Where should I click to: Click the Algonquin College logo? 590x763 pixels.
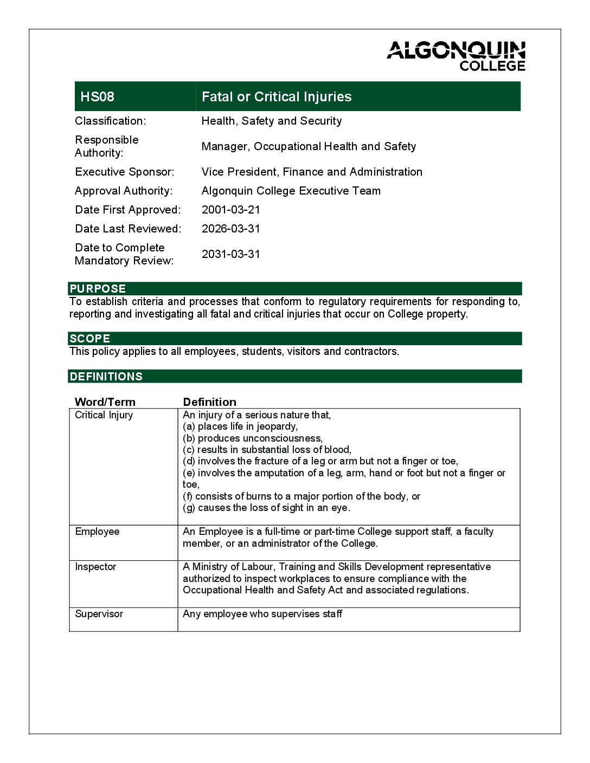point(456,56)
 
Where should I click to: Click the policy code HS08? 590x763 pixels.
point(98,97)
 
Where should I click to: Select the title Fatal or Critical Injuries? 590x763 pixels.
point(277,97)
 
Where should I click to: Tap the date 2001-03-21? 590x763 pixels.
point(231,210)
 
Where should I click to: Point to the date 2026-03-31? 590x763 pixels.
point(231,229)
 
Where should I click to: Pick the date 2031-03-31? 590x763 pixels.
point(231,254)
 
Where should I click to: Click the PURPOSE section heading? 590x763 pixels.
point(98,289)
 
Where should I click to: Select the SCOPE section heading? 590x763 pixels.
point(90,339)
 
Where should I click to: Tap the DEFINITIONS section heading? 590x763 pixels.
point(106,377)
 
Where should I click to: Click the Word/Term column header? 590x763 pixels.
point(105,402)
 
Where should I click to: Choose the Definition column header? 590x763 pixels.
point(210,402)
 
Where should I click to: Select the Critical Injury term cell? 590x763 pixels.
point(104,415)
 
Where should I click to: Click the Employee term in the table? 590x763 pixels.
point(98,532)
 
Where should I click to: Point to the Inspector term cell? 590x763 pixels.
point(96,567)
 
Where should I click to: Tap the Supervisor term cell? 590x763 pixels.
point(99,614)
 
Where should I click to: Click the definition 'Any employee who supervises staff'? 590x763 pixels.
point(262,614)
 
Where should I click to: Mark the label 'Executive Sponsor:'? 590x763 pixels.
point(125,172)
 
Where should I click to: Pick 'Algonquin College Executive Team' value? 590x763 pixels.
point(291,191)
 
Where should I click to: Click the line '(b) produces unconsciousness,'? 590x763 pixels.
point(253,438)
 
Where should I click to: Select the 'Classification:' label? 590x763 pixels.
point(111,121)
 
